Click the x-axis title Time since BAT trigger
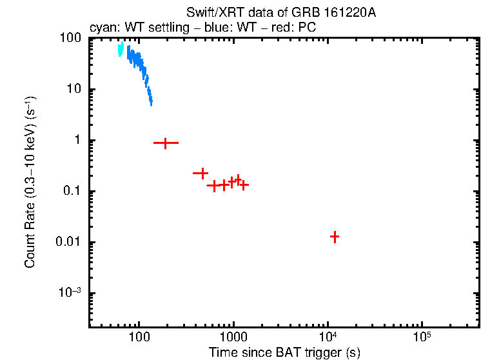pos(284,352)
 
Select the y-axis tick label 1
pos(79,141)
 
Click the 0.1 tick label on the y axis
pos(74,192)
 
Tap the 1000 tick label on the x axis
pos(233,337)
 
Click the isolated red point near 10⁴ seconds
pos(335,237)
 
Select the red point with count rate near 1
pos(166,143)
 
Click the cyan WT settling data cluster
pos(120,49)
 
